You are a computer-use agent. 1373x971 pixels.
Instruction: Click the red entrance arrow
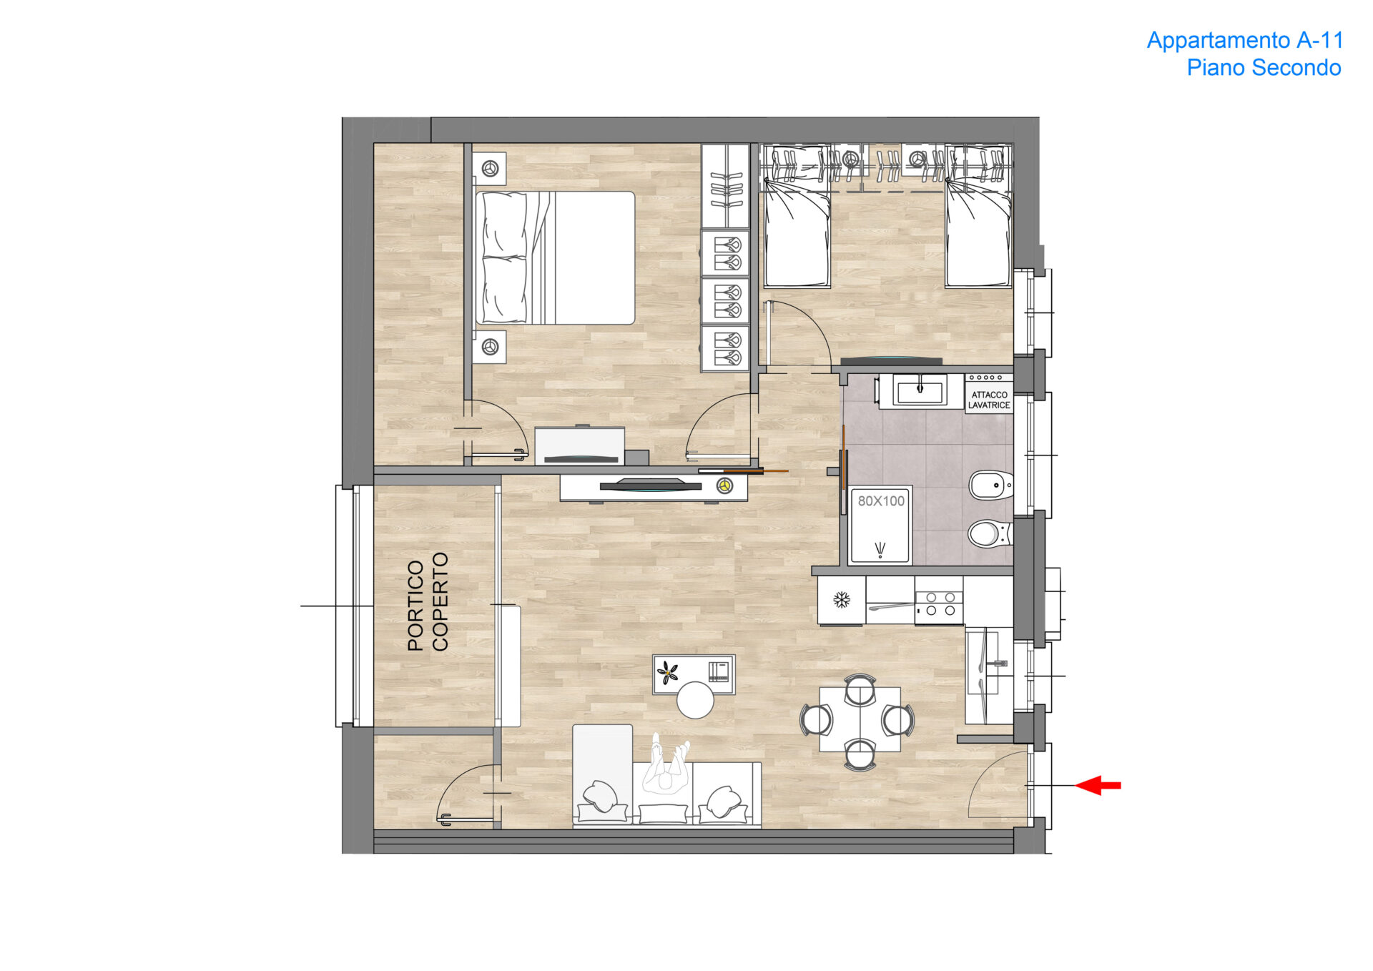(x=1098, y=785)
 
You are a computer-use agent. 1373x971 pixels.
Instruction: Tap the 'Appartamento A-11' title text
(x=1245, y=40)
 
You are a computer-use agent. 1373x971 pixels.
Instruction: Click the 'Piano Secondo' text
(x=1264, y=67)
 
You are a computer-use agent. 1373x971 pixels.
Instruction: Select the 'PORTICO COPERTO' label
(x=428, y=601)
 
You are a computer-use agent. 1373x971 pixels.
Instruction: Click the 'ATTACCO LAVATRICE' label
(x=989, y=400)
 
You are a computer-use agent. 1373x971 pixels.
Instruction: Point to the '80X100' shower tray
(x=880, y=526)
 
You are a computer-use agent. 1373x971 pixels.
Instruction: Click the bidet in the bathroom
(x=990, y=485)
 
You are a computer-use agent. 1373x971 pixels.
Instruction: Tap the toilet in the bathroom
(x=990, y=533)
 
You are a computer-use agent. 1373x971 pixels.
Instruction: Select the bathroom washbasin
(x=920, y=391)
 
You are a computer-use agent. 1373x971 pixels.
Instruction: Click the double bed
(x=555, y=257)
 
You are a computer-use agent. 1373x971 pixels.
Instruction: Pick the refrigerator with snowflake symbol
(x=842, y=600)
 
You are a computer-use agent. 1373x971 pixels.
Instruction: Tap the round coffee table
(x=695, y=700)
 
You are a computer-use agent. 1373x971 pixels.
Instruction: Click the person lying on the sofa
(x=666, y=764)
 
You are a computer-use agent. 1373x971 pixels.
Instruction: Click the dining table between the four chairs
(x=860, y=719)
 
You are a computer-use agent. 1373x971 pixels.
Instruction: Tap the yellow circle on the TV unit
(x=725, y=486)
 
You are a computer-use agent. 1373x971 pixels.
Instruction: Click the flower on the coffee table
(x=668, y=672)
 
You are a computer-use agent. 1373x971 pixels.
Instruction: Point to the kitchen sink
(x=988, y=675)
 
